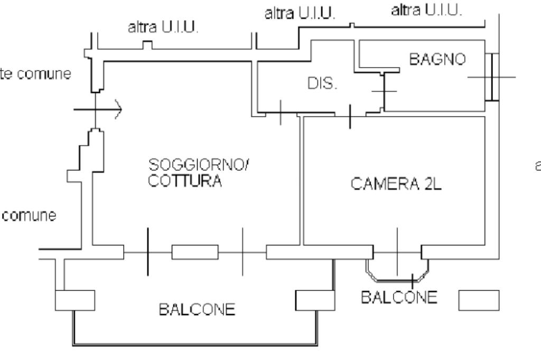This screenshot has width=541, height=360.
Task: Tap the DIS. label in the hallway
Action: coord(322,84)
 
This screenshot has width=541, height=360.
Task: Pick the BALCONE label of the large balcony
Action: coord(197,310)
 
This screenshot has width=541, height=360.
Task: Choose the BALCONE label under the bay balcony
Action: coord(399,297)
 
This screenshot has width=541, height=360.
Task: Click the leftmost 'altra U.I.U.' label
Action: coord(163,28)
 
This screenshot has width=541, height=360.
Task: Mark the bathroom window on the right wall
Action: coord(493,77)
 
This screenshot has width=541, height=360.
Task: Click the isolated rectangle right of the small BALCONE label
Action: coord(478,299)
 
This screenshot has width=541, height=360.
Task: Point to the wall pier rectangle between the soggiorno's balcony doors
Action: coord(195,252)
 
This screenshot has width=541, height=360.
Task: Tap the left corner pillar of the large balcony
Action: coord(74,300)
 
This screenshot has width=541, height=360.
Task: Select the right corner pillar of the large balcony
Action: coord(314,300)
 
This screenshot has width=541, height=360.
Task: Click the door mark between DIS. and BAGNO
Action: coord(384,91)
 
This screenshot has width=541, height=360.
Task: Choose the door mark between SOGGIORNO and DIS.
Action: coord(281,112)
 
